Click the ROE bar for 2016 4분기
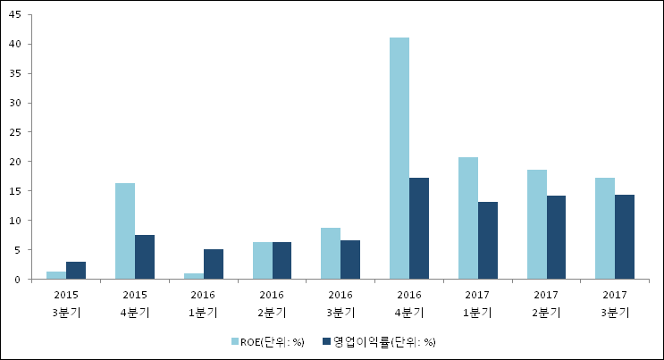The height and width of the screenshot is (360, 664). (399, 158)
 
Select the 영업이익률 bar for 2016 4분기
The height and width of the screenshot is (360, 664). (419, 229)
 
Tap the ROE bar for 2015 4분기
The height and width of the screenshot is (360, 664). (125, 231)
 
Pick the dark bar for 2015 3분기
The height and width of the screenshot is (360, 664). (76, 271)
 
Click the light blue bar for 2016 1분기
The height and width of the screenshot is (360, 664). (194, 276)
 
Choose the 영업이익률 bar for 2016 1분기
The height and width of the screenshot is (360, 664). (214, 264)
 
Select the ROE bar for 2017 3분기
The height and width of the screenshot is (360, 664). (605, 229)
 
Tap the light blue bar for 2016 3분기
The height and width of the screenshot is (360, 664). (331, 254)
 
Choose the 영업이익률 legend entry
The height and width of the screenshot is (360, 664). (379, 341)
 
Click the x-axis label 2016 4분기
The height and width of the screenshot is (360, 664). (409, 303)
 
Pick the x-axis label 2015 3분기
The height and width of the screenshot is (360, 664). (66, 303)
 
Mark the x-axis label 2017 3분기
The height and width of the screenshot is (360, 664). (615, 303)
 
